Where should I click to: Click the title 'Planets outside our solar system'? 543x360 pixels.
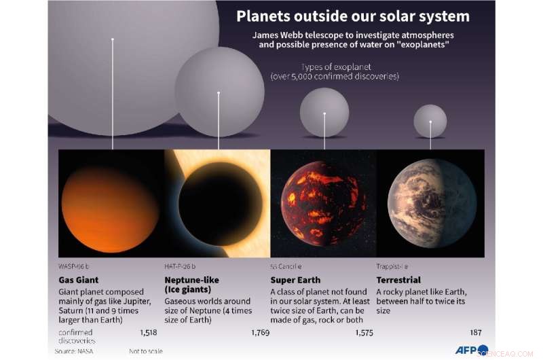click(352, 16)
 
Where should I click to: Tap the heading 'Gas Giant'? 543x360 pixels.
click(78, 280)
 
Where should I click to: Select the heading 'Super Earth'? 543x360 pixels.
click(295, 280)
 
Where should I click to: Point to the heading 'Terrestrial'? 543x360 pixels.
click(398, 280)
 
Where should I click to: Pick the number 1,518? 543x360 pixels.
click(147, 332)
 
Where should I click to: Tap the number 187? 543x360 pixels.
click(476, 332)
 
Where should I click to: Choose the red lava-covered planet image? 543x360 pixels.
click(323, 204)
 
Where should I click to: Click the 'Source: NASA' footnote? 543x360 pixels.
click(75, 351)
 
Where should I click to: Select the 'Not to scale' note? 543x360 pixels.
click(145, 351)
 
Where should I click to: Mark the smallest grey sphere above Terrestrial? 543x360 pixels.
click(430, 120)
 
